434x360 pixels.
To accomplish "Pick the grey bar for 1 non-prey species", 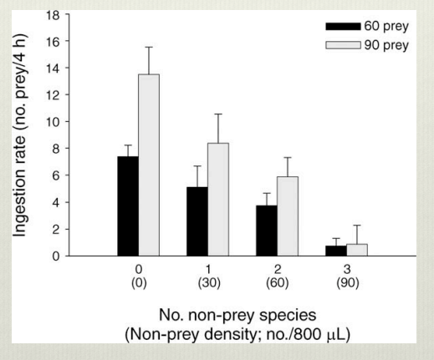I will tap(217, 200).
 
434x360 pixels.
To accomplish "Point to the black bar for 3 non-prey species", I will tap(334, 251).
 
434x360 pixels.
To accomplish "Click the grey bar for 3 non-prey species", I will tap(356, 250).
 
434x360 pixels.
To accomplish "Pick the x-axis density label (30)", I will tap(207, 283).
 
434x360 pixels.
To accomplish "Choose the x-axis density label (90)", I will tap(345, 283).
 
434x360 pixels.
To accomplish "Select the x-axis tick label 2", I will tap(277, 271).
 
